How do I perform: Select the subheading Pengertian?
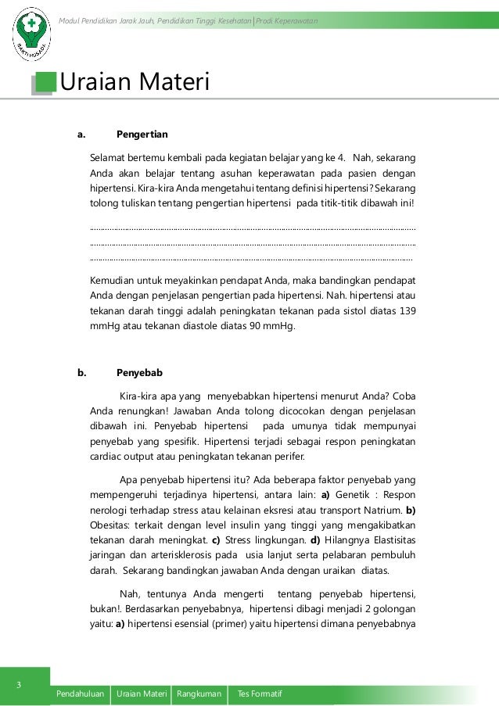[142, 134]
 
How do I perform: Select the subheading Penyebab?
[139, 372]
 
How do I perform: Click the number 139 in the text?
[407, 311]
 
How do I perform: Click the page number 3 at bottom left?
[20, 686]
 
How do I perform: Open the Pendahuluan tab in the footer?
[80, 694]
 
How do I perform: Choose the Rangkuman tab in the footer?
[199, 694]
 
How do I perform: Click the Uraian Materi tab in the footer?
[142, 694]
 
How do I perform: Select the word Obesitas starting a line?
[109, 525]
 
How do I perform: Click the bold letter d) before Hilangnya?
[315, 539]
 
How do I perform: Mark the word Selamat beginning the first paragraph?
[109, 158]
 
